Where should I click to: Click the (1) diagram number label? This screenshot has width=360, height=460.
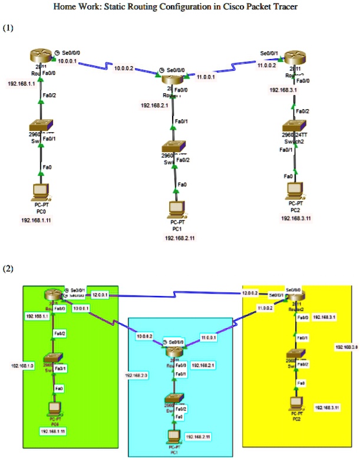point(8,28)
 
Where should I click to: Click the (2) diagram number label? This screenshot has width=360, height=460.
point(8,269)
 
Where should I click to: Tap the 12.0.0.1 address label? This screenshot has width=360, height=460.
point(99,294)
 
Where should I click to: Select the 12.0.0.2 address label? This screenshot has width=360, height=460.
point(250,293)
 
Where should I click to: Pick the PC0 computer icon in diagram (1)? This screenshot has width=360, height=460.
point(41,190)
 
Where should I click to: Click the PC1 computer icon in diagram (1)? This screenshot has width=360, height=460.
point(177,208)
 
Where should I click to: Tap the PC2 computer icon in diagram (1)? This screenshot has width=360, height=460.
point(292,190)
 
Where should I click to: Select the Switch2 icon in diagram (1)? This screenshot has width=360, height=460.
point(292,126)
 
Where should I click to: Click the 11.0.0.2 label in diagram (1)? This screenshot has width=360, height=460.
point(267,65)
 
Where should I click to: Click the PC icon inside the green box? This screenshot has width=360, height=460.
point(54,408)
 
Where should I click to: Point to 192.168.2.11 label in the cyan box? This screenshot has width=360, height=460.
point(198,436)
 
